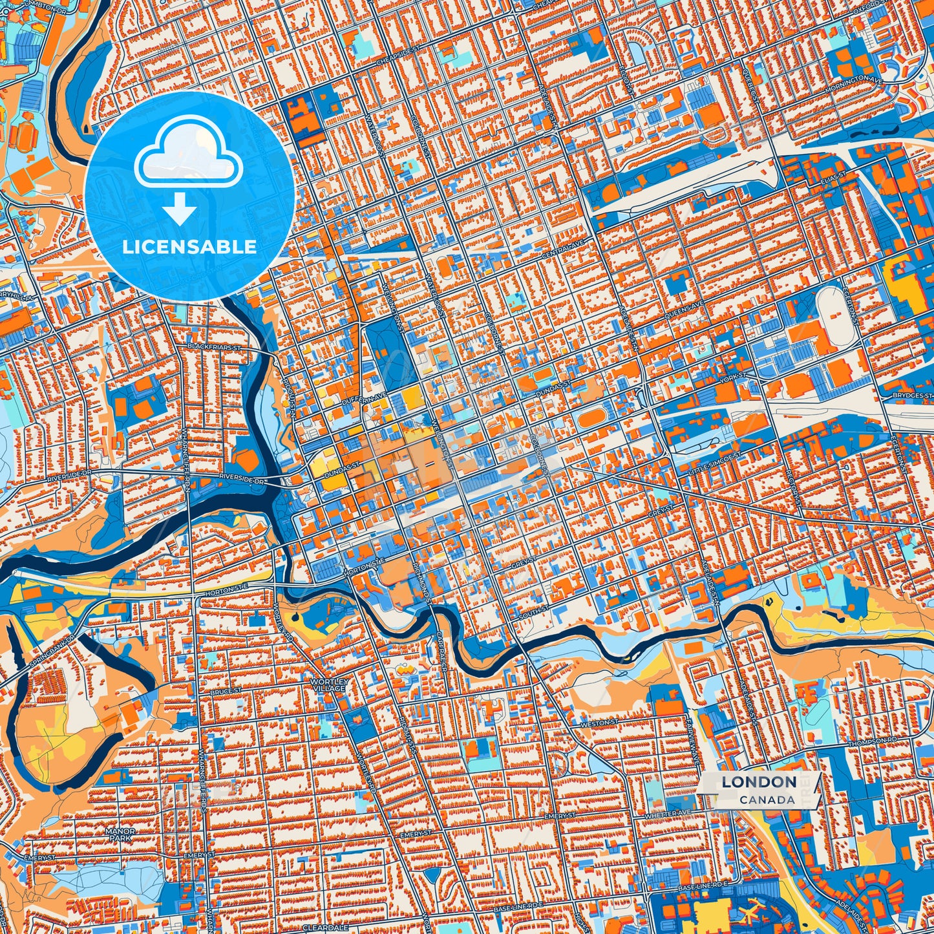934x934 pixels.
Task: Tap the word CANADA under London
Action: [768, 800]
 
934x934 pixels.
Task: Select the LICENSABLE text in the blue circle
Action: [190, 246]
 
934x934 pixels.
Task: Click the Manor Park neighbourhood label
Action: [121, 834]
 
